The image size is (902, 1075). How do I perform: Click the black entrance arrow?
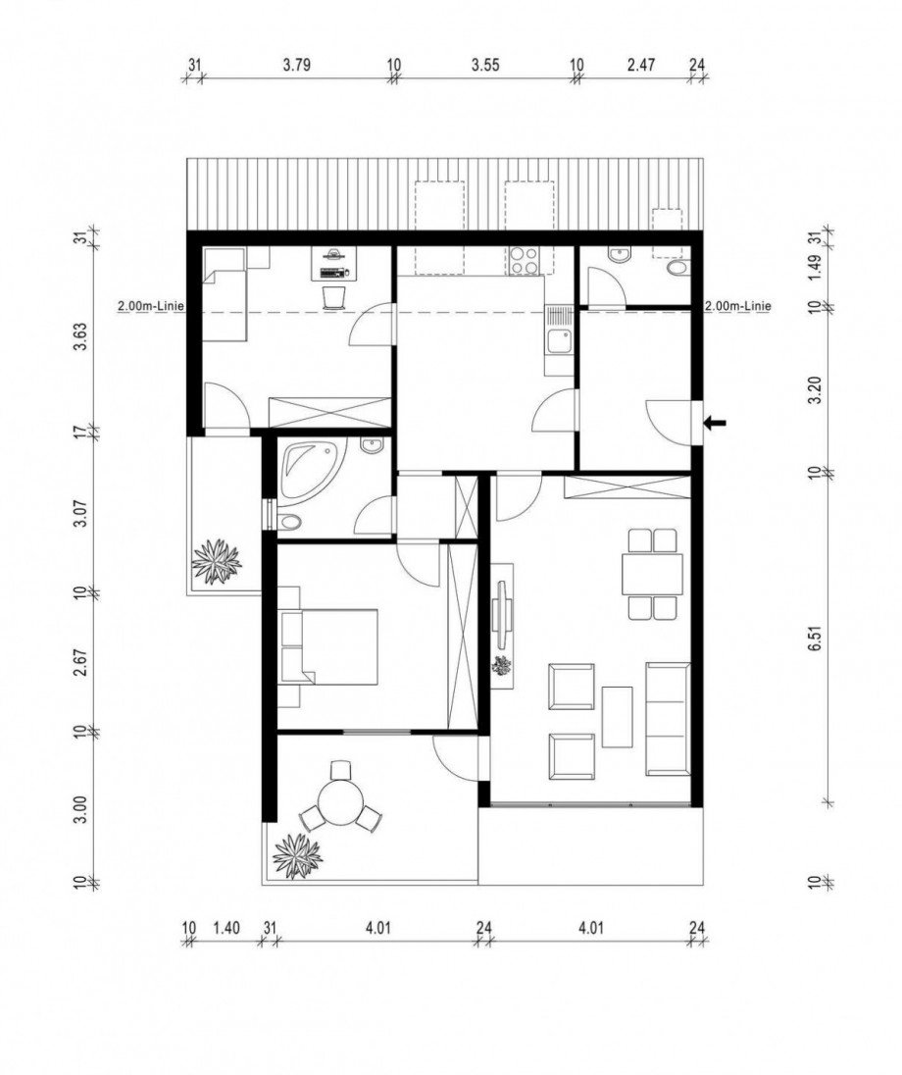(x=716, y=423)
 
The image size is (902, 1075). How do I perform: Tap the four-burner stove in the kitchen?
(x=526, y=261)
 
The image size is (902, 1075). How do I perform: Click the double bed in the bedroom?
(x=329, y=645)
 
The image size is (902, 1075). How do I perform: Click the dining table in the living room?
(x=653, y=575)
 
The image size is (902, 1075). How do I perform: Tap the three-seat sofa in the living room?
(x=668, y=719)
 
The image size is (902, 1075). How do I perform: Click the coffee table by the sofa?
(x=617, y=717)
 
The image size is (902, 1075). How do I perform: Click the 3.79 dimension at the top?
(x=297, y=65)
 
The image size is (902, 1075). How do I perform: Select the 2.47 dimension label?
(x=641, y=65)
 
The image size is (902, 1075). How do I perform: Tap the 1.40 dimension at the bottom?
(x=226, y=928)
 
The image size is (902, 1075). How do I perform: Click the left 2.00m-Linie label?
(x=151, y=306)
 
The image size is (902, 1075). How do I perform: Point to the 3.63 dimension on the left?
(x=80, y=336)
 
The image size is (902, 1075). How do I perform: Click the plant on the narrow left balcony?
(x=217, y=561)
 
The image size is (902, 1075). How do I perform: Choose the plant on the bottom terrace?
(x=297, y=855)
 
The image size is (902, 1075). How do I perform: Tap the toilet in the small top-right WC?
(x=677, y=267)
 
